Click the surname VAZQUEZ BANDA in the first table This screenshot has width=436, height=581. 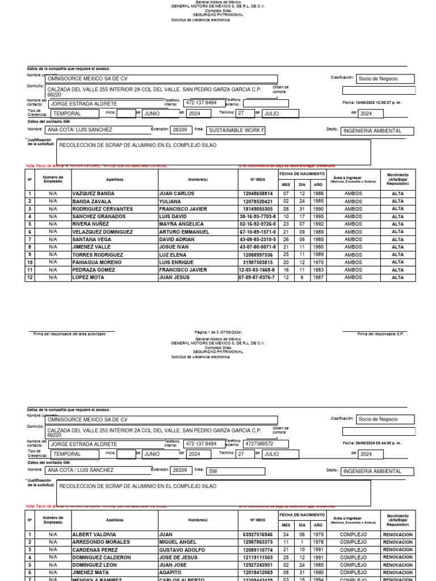(94, 193)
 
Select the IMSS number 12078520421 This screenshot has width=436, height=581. (258, 201)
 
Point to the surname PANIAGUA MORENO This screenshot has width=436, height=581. (97, 262)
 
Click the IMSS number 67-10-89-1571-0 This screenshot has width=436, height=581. (258, 231)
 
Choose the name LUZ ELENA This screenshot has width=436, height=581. (172, 255)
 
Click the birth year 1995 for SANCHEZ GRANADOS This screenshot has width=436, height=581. (319, 216)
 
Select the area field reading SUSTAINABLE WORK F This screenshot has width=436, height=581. (236, 130)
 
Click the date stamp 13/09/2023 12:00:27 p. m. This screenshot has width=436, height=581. (371, 103)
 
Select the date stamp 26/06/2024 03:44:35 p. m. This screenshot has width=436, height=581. (371, 443)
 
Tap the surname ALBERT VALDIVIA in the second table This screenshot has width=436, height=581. (94, 534)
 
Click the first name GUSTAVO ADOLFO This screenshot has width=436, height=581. (180, 550)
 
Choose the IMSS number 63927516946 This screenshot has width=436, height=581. (258, 534)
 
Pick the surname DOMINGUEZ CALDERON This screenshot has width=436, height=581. (102, 558)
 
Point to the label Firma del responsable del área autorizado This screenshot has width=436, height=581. (69, 334)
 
